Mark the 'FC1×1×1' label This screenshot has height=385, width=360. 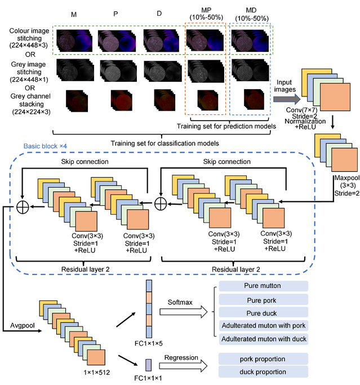pos(153,378)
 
